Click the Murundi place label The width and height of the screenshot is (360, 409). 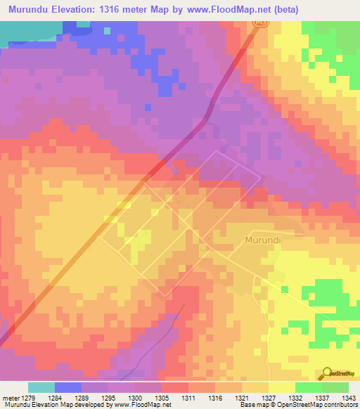pos(263,240)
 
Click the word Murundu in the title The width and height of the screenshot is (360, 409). pos(31,10)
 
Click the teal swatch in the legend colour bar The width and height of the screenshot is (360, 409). pos(41,387)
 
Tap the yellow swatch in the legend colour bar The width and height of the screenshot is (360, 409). pos(281,387)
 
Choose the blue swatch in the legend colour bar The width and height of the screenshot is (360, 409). pos(68,387)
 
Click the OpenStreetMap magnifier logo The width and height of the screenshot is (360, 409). pos(328,373)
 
